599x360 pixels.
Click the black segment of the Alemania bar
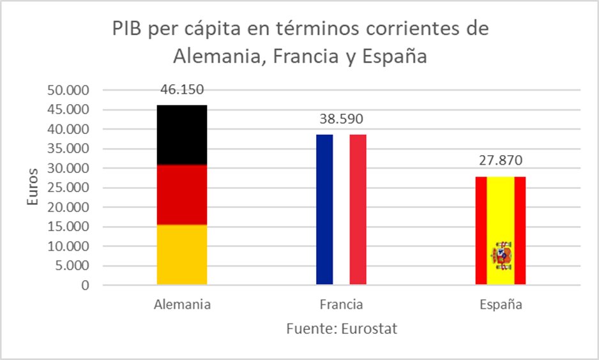182,135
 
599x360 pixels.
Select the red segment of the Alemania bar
182,195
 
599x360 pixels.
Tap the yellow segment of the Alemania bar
182,255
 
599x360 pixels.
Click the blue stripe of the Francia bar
324,209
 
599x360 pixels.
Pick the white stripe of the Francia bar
341,209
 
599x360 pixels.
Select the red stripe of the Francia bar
358,209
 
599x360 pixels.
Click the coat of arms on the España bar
501,255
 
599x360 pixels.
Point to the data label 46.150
182,90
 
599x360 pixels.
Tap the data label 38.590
341,119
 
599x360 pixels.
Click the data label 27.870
501,161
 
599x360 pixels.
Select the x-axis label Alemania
182,305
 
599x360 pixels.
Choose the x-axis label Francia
341,305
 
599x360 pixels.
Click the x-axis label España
501,305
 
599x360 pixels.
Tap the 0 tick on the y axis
84,285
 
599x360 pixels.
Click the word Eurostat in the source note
369,329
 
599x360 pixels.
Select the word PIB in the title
127,30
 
